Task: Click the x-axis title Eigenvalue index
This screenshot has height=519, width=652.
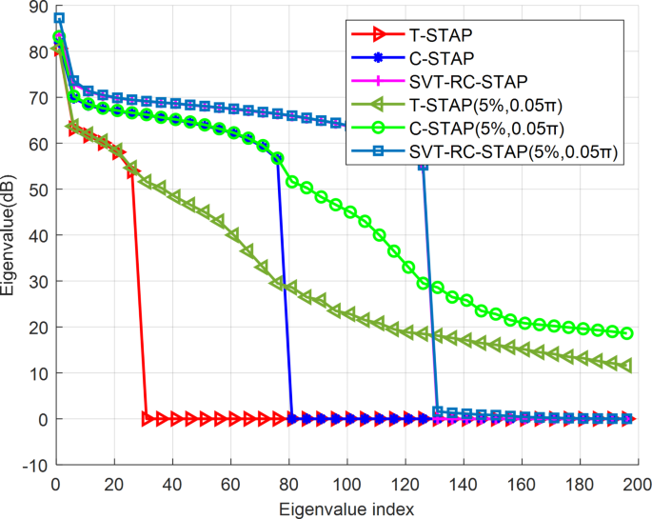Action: click(x=346, y=508)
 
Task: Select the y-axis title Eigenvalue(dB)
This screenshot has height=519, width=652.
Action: click(x=10, y=236)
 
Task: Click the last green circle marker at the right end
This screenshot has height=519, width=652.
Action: click(x=626, y=333)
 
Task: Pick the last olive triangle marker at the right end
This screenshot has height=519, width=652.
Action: click(x=626, y=366)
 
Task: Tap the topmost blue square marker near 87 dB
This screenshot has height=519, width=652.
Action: click(x=59, y=18)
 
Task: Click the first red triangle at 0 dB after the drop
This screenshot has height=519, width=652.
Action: click(x=147, y=419)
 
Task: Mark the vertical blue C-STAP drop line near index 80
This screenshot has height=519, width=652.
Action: click(x=285, y=286)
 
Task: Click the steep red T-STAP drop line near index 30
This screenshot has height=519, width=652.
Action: click(x=139, y=295)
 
